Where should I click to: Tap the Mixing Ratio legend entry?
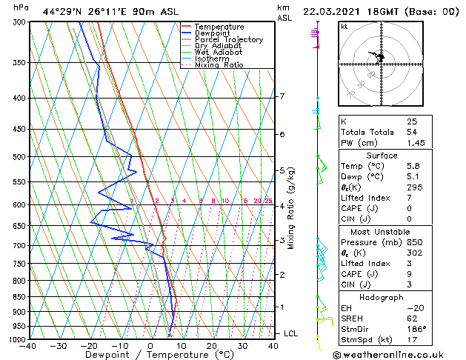219,65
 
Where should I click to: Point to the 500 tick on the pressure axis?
19,157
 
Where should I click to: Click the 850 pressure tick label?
19,297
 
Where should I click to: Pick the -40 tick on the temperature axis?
28,346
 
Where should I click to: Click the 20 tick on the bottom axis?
211,346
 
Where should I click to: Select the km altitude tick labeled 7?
282,96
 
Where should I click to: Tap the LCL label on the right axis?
290,334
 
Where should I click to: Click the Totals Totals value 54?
412,132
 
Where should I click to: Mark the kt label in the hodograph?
344,27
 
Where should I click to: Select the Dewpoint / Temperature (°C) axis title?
150,356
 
